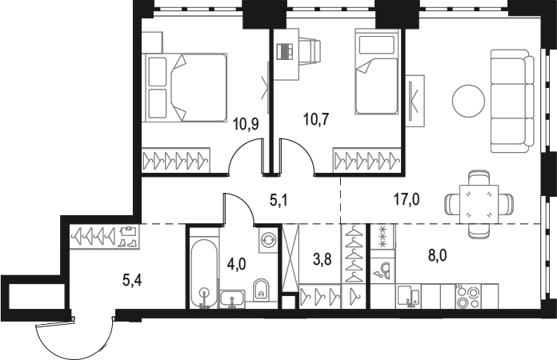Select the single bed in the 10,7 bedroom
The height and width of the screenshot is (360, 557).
click(x=376, y=75)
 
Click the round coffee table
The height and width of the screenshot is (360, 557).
click(x=468, y=101)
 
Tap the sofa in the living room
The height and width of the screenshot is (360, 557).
click(x=512, y=102)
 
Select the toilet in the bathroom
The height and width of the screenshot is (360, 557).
click(x=261, y=290)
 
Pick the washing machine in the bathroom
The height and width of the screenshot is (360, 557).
click(x=266, y=240)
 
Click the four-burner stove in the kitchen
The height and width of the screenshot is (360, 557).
click(x=467, y=297)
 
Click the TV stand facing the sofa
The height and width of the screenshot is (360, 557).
click(x=415, y=100)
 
